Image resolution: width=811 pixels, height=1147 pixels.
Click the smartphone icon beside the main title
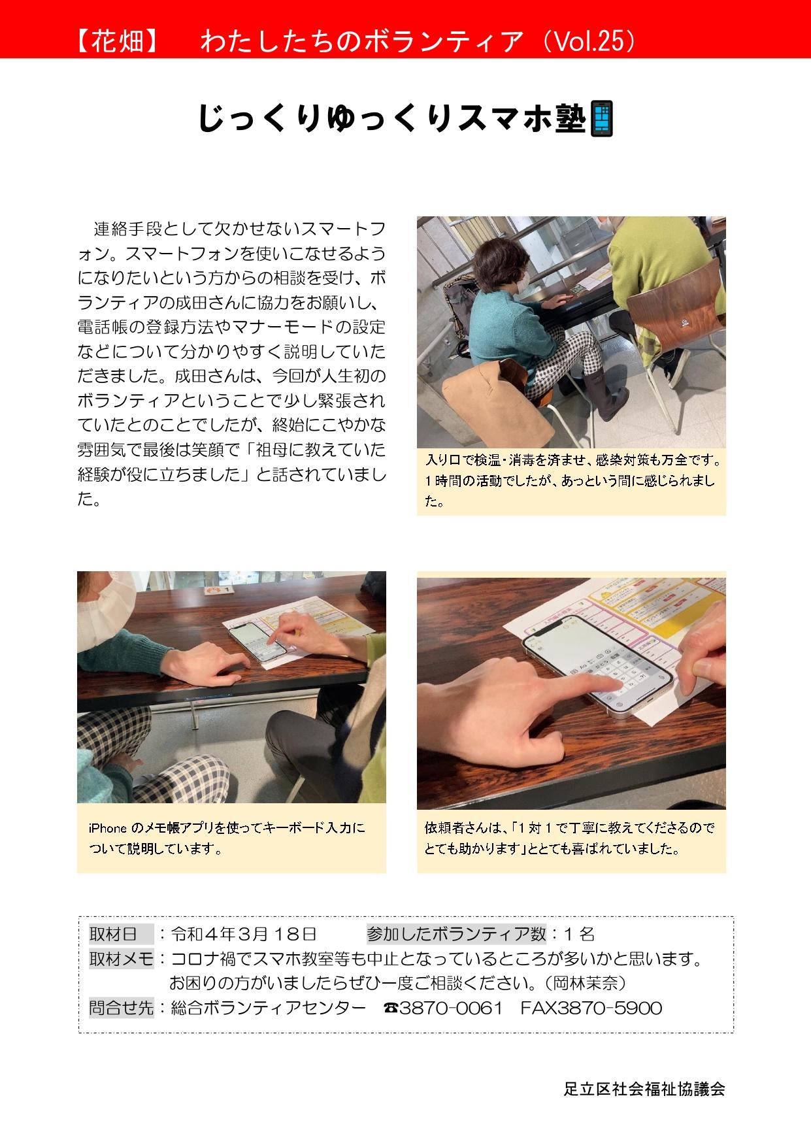pos(602,118)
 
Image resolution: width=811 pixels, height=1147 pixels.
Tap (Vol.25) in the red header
pos(589,41)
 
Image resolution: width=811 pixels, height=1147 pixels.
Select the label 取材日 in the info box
pos(113,933)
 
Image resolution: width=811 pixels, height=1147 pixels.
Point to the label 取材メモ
pos(121,959)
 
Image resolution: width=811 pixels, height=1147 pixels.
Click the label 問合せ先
pos(121,1008)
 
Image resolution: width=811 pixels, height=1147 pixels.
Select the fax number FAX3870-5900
pos(591,1008)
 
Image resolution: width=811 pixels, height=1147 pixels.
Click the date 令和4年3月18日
pos(244,933)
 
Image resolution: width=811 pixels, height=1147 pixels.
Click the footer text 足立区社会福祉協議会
pos(644,1089)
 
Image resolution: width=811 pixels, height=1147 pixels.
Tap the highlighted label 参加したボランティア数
pos(456,933)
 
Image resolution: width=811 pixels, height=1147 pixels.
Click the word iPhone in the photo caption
pos(108,828)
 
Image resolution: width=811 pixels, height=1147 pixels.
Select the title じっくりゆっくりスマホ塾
pos(391,118)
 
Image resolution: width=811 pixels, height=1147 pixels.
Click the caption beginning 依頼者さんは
pos(570,838)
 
